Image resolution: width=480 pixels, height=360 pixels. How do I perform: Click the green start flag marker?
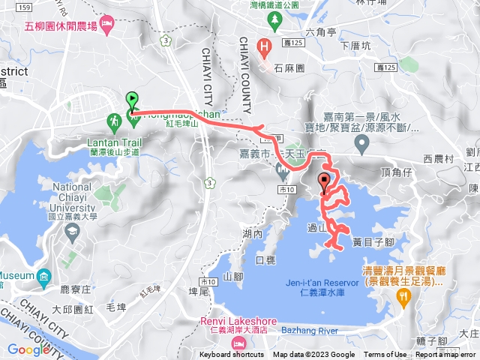pyautogui.click(x=132, y=99)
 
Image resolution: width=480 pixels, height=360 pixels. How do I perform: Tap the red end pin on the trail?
pyautogui.click(x=325, y=181)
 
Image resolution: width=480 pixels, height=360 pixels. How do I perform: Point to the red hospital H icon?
pyautogui.click(x=263, y=46)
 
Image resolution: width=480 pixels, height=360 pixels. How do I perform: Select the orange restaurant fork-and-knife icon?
pyautogui.click(x=405, y=296)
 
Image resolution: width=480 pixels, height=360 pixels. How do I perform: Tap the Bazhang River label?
pyautogui.click(x=308, y=330)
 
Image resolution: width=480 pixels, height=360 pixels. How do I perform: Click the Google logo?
pyautogui.click(x=28, y=349)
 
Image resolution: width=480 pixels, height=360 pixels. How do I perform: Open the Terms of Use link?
pyautogui.click(x=385, y=355)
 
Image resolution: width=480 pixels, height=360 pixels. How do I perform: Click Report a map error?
pyautogui.click(x=447, y=355)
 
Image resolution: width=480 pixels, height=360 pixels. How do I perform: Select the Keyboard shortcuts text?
pyautogui.click(x=232, y=355)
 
